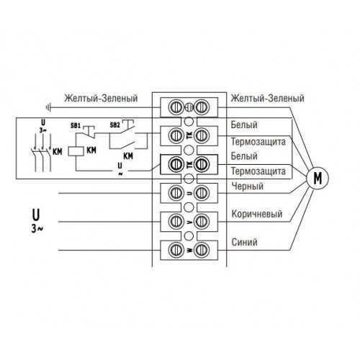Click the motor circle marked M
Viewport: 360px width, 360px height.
pyautogui.click(x=318, y=178)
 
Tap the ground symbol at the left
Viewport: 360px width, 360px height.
pyautogui.click(x=48, y=107)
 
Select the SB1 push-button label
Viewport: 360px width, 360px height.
pyautogui.click(x=76, y=126)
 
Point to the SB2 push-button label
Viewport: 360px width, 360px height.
pyautogui.click(x=114, y=125)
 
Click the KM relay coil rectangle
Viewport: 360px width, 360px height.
pyautogui.click(x=76, y=151)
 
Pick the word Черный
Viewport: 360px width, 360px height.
pyautogui.click(x=248, y=186)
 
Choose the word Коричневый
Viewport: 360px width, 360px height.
pyautogui.click(x=257, y=214)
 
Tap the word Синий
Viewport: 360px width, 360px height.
pyautogui.click(x=244, y=242)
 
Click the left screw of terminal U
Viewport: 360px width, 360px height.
pyautogui.click(x=176, y=193)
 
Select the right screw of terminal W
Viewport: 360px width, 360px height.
pyautogui.click(x=202, y=250)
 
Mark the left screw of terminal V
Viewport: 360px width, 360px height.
pyautogui.click(x=176, y=221)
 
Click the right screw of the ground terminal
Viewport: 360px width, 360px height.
pyautogui.click(x=202, y=107)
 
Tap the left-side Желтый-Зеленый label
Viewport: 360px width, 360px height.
pyautogui.click(x=101, y=98)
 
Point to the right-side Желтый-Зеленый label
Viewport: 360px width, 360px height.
pyautogui.click(x=267, y=98)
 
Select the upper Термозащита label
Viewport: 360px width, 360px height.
pyautogui.click(x=258, y=142)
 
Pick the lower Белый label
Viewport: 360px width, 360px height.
pyautogui.click(x=244, y=156)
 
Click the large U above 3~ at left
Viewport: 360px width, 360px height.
pyautogui.click(x=36, y=215)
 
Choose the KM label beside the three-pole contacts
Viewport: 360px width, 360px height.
pyautogui.click(x=58, y=152)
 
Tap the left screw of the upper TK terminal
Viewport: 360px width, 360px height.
pyautogui.click(x=176, y=135)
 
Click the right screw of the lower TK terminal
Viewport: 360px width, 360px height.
pyautogui.click(x=202, y=164)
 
